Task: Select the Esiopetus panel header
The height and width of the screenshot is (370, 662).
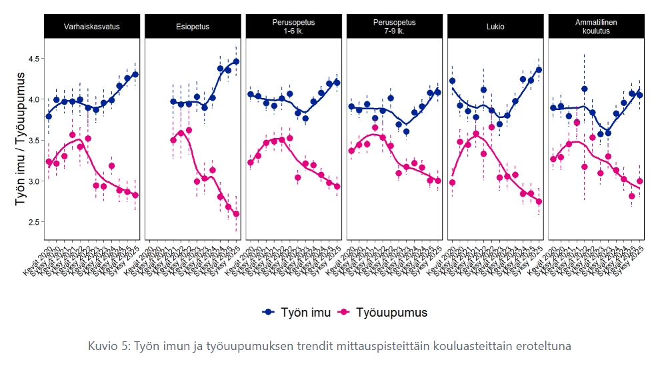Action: [x=193, y=27]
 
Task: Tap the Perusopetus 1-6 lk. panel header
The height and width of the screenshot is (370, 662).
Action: [x=293, y=27]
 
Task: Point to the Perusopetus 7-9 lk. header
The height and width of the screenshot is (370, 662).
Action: [x=394, y=27]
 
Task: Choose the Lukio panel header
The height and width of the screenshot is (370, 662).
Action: [x=495, y=27]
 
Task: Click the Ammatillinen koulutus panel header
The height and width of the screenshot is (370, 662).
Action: [x=596, y=27]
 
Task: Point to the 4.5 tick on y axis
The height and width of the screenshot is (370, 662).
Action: [x=32, y=59]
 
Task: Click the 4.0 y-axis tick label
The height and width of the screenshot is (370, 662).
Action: [x=32, y=99]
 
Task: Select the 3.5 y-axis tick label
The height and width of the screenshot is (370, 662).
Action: [x=32, y=140]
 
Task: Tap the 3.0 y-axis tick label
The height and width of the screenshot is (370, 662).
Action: [x=32, y=181]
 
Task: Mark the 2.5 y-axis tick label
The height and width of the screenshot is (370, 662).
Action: [x=32, y=221]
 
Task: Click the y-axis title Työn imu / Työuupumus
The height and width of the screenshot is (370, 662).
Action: [x=19, y=139]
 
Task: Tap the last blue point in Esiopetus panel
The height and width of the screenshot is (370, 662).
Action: [x=236, y=61]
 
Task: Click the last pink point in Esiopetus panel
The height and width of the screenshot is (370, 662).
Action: [x=236, y=214]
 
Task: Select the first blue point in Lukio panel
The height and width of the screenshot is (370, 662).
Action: [x=453, y=81]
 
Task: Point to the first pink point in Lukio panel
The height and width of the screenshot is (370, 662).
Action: [x=453, y=183]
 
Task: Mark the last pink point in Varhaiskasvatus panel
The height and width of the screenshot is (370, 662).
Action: [x=135, y=195]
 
